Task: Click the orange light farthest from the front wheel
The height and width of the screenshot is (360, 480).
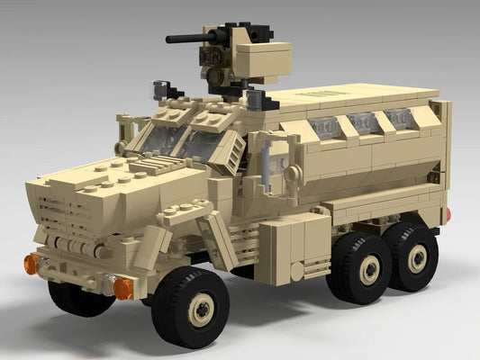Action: [32, 264]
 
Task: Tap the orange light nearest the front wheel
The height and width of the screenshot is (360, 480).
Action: [122, 288]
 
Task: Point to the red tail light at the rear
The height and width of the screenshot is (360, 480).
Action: [448, 215]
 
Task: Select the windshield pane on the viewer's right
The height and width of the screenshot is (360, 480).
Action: [203, 144]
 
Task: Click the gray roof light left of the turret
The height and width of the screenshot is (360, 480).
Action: [163, 90]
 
